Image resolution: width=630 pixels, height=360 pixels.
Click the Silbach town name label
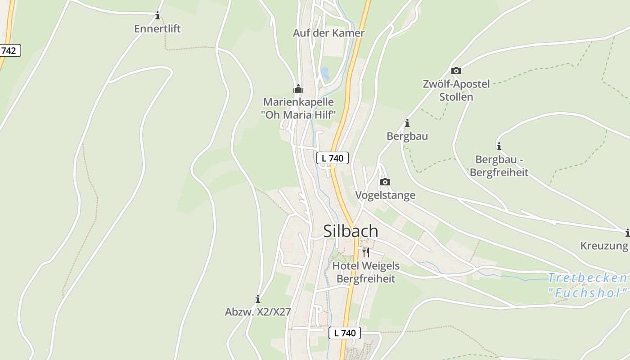[351, 231]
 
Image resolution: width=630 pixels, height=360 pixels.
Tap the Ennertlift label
[157, 29]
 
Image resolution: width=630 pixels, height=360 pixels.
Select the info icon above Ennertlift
[157, 16]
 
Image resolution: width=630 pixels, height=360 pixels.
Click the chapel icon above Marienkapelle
[298, 89]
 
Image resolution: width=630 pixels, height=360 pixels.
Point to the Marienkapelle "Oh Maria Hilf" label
[298, 108]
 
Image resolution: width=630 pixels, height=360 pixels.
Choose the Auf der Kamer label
[328, 33]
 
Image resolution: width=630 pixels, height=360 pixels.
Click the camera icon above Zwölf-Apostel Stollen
[456, 71]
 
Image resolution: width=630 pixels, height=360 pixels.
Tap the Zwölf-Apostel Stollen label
[456, 90]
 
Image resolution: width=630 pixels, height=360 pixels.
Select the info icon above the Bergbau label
[407, 123]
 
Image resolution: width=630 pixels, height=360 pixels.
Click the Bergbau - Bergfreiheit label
[499, 166]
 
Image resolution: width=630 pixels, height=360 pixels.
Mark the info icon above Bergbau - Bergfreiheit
[499, 146]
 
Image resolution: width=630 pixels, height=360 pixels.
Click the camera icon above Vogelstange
[385, 182]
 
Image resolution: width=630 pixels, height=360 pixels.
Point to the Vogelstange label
[385, 195]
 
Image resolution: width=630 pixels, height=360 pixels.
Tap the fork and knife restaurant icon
[365, 252]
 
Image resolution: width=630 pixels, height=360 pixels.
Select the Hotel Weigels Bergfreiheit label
[365, 272]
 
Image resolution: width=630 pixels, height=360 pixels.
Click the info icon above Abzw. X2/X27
[258, 299]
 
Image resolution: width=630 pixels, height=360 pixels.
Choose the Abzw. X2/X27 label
[258, 312]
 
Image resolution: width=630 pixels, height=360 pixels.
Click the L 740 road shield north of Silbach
[333, 158]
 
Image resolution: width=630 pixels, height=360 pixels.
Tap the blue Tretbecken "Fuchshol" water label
[588, 285]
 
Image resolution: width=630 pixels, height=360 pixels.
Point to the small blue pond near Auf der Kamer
[325, 73]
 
